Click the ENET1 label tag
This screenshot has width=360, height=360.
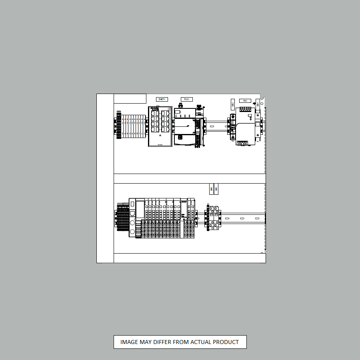click(162, 99)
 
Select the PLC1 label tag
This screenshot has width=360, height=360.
click(186, 99)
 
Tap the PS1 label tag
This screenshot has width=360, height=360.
click(245, 101)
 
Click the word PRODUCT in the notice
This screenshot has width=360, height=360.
click(226, 342)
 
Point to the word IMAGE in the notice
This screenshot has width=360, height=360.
click(129, 342)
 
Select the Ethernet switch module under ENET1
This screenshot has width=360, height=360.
click(160, 126)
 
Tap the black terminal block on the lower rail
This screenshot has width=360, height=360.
click(123, 218)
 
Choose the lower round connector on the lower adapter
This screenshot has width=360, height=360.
click(132, 232)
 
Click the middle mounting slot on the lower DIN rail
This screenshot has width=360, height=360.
click(242, 218)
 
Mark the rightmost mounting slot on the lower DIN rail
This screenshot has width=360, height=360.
click(257, 218)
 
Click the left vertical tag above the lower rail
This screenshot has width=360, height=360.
click(211, 189)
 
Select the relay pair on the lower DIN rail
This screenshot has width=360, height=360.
click(212, 218)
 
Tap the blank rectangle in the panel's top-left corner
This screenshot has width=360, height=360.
click(130, 98)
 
